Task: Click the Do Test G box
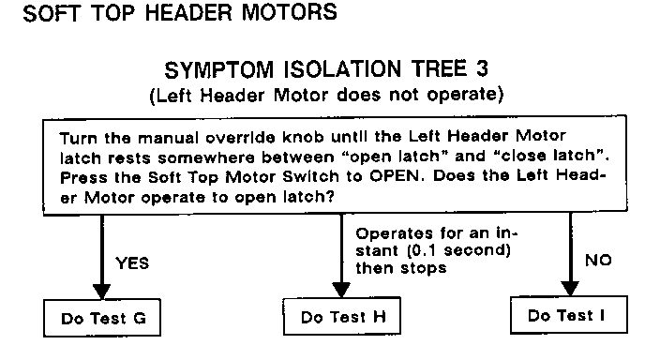[x=102, y=318]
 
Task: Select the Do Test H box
[x=342, y=316]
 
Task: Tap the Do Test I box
[x=569, y=314]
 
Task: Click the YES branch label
[x=132, y=263]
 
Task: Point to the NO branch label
[x=598, y=261]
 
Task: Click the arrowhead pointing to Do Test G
[x=101, y=292]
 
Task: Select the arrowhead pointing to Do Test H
[x=341, y=290]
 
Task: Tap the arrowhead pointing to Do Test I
[x=570, y=289]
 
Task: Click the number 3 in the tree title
[x=483, y=68]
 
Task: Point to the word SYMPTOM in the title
[x=218, y=70]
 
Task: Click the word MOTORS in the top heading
[x=289, y=12]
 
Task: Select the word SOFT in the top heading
[x=51, y=13]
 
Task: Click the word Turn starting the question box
[x=79, y=138]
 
